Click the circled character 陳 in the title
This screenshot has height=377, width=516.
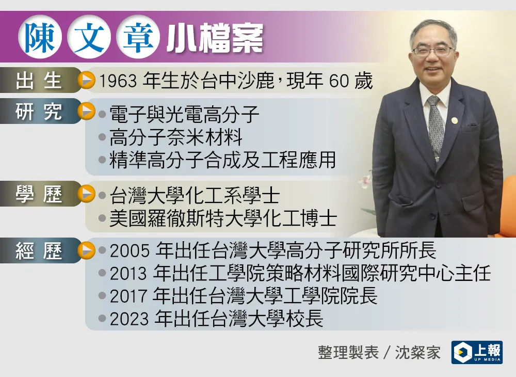click(40, 37)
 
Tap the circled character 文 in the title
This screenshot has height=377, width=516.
click(89, 37)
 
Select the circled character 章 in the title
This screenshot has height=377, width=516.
click(138, 37)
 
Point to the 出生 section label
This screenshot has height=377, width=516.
click(39, 81)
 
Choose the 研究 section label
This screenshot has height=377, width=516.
click(39, 112)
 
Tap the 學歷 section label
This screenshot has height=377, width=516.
click(39, 194)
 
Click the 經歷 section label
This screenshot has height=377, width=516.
click(39, 251)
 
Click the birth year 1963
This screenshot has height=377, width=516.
click(118, 81)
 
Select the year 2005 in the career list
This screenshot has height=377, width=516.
click(130, 251)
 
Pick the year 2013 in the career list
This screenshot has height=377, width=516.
click(128, 274)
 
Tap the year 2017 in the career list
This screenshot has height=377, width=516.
click(128, 296)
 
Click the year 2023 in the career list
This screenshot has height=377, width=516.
click(130, 319)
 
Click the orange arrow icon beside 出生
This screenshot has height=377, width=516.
click(87, 81)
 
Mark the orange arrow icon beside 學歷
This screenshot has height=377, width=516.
click(87, 194)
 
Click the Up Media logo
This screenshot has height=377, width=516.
click(477, 352)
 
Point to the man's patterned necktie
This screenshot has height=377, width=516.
click(436, 127)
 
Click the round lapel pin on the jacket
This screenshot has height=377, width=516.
click(455, 120)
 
